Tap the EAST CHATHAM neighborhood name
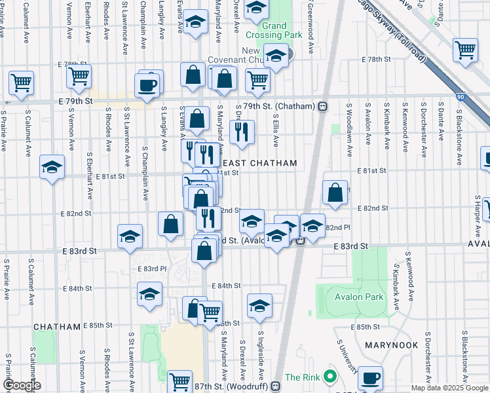[261, 163]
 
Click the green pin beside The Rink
[329, 378]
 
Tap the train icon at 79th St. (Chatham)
[323, 106]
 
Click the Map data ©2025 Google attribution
[449, 388]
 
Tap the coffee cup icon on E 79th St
[146, 84]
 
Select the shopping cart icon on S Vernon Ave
[78, 76]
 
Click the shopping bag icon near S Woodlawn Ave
[335, 193]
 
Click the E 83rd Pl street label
[149, 269]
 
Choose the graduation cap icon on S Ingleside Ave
[259, 305]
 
